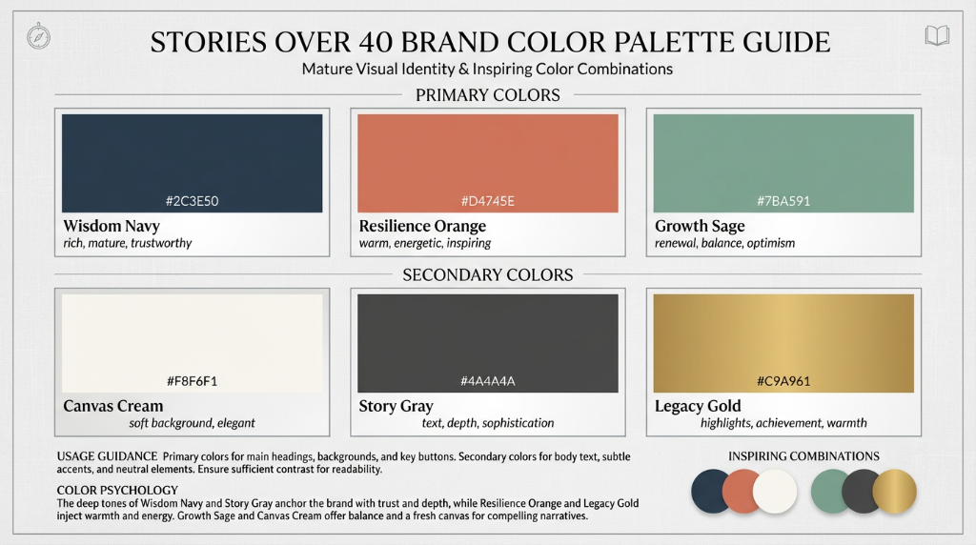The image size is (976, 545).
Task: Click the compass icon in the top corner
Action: point(39,37)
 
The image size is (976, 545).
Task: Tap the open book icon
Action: point(937,37)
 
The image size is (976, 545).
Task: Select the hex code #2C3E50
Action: point(193,201)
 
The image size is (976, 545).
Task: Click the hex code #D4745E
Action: point(488,201)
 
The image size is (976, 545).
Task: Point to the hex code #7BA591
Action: point(783,201)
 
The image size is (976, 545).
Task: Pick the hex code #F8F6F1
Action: point(193,381)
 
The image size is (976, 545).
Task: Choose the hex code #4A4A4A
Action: point(488,381)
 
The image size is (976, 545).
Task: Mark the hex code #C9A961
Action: point(783,381)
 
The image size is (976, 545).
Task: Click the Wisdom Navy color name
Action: point(112,226)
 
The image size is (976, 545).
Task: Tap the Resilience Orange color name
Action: point(422,226)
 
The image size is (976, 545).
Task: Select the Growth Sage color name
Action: point(700,226)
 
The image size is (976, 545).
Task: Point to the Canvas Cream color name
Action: point(113,406)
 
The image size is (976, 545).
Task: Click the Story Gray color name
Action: point(396,406)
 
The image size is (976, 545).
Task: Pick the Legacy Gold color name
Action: point(698,406)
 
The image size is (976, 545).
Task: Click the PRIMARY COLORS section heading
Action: point(488,95)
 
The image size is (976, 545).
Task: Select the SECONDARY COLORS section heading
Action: point(488,275)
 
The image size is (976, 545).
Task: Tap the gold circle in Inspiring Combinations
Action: point(894,492)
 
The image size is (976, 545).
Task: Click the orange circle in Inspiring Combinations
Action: point(743,492)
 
